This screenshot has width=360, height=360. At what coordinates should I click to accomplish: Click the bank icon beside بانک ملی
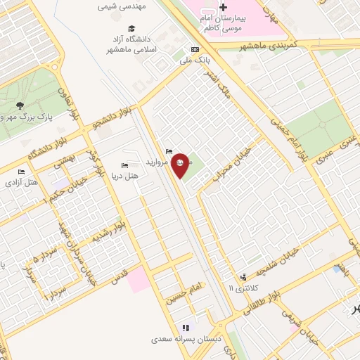pos(195,49)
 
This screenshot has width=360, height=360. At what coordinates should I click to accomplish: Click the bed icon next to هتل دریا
pos(124,165)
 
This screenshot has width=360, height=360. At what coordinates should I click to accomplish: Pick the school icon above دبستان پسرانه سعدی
pos(186,328)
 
